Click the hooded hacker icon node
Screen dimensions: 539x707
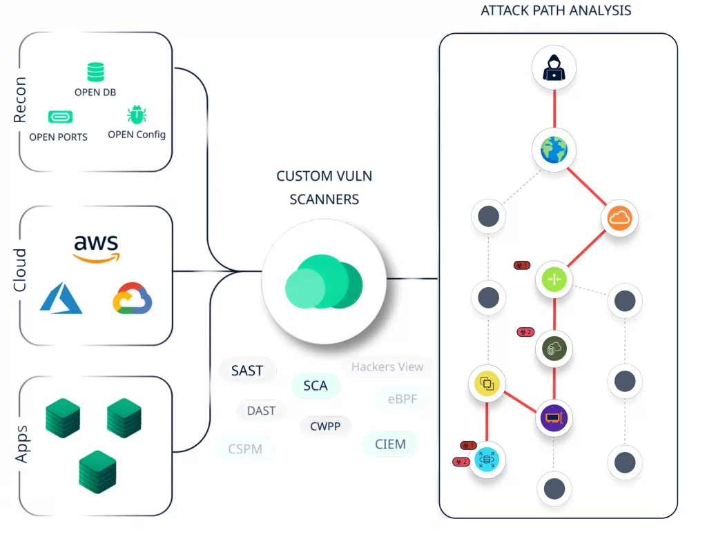(x=554, y=68)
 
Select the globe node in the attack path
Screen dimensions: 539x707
(x=554, y=149)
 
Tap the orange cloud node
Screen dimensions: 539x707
(x=620, y=219)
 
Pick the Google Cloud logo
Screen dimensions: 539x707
(x=133, y=298)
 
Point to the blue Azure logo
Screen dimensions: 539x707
(x=61, y=298)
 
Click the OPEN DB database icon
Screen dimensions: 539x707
(x=95, y=72)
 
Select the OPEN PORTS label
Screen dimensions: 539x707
(x=58, y=137)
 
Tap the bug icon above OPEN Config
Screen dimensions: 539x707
(x=136, y=115)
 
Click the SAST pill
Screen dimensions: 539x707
(x=247, y=371)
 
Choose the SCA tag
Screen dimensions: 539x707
(x=316, y=385)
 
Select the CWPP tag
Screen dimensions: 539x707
(x=325, y=427)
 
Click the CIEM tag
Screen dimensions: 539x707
(x=390, y=444)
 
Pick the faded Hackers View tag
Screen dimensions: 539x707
(x=387, y=367)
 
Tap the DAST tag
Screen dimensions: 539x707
(x=261, y=411)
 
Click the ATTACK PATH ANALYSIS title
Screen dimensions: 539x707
(x=556, y=10)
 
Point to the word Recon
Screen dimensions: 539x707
(x=20, y=100)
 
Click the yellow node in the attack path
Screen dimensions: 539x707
(x=487, y=383)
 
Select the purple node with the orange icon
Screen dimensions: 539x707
(x=554, y=418)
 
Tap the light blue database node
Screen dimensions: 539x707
(x=487, y=460)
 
